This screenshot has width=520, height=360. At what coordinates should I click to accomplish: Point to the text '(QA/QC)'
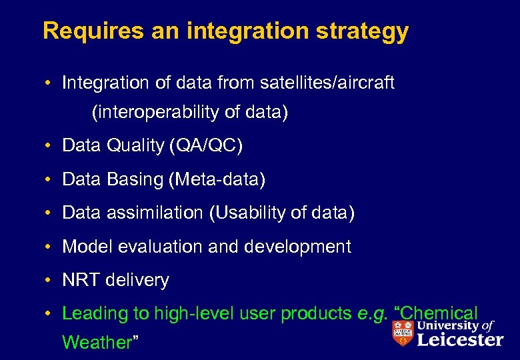click(207, 145)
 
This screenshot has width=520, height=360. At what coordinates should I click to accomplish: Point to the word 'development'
click(297, 247)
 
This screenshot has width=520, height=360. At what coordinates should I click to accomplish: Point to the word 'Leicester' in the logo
click(459, 340)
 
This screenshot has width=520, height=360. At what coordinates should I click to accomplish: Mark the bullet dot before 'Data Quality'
click(50, 145)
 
